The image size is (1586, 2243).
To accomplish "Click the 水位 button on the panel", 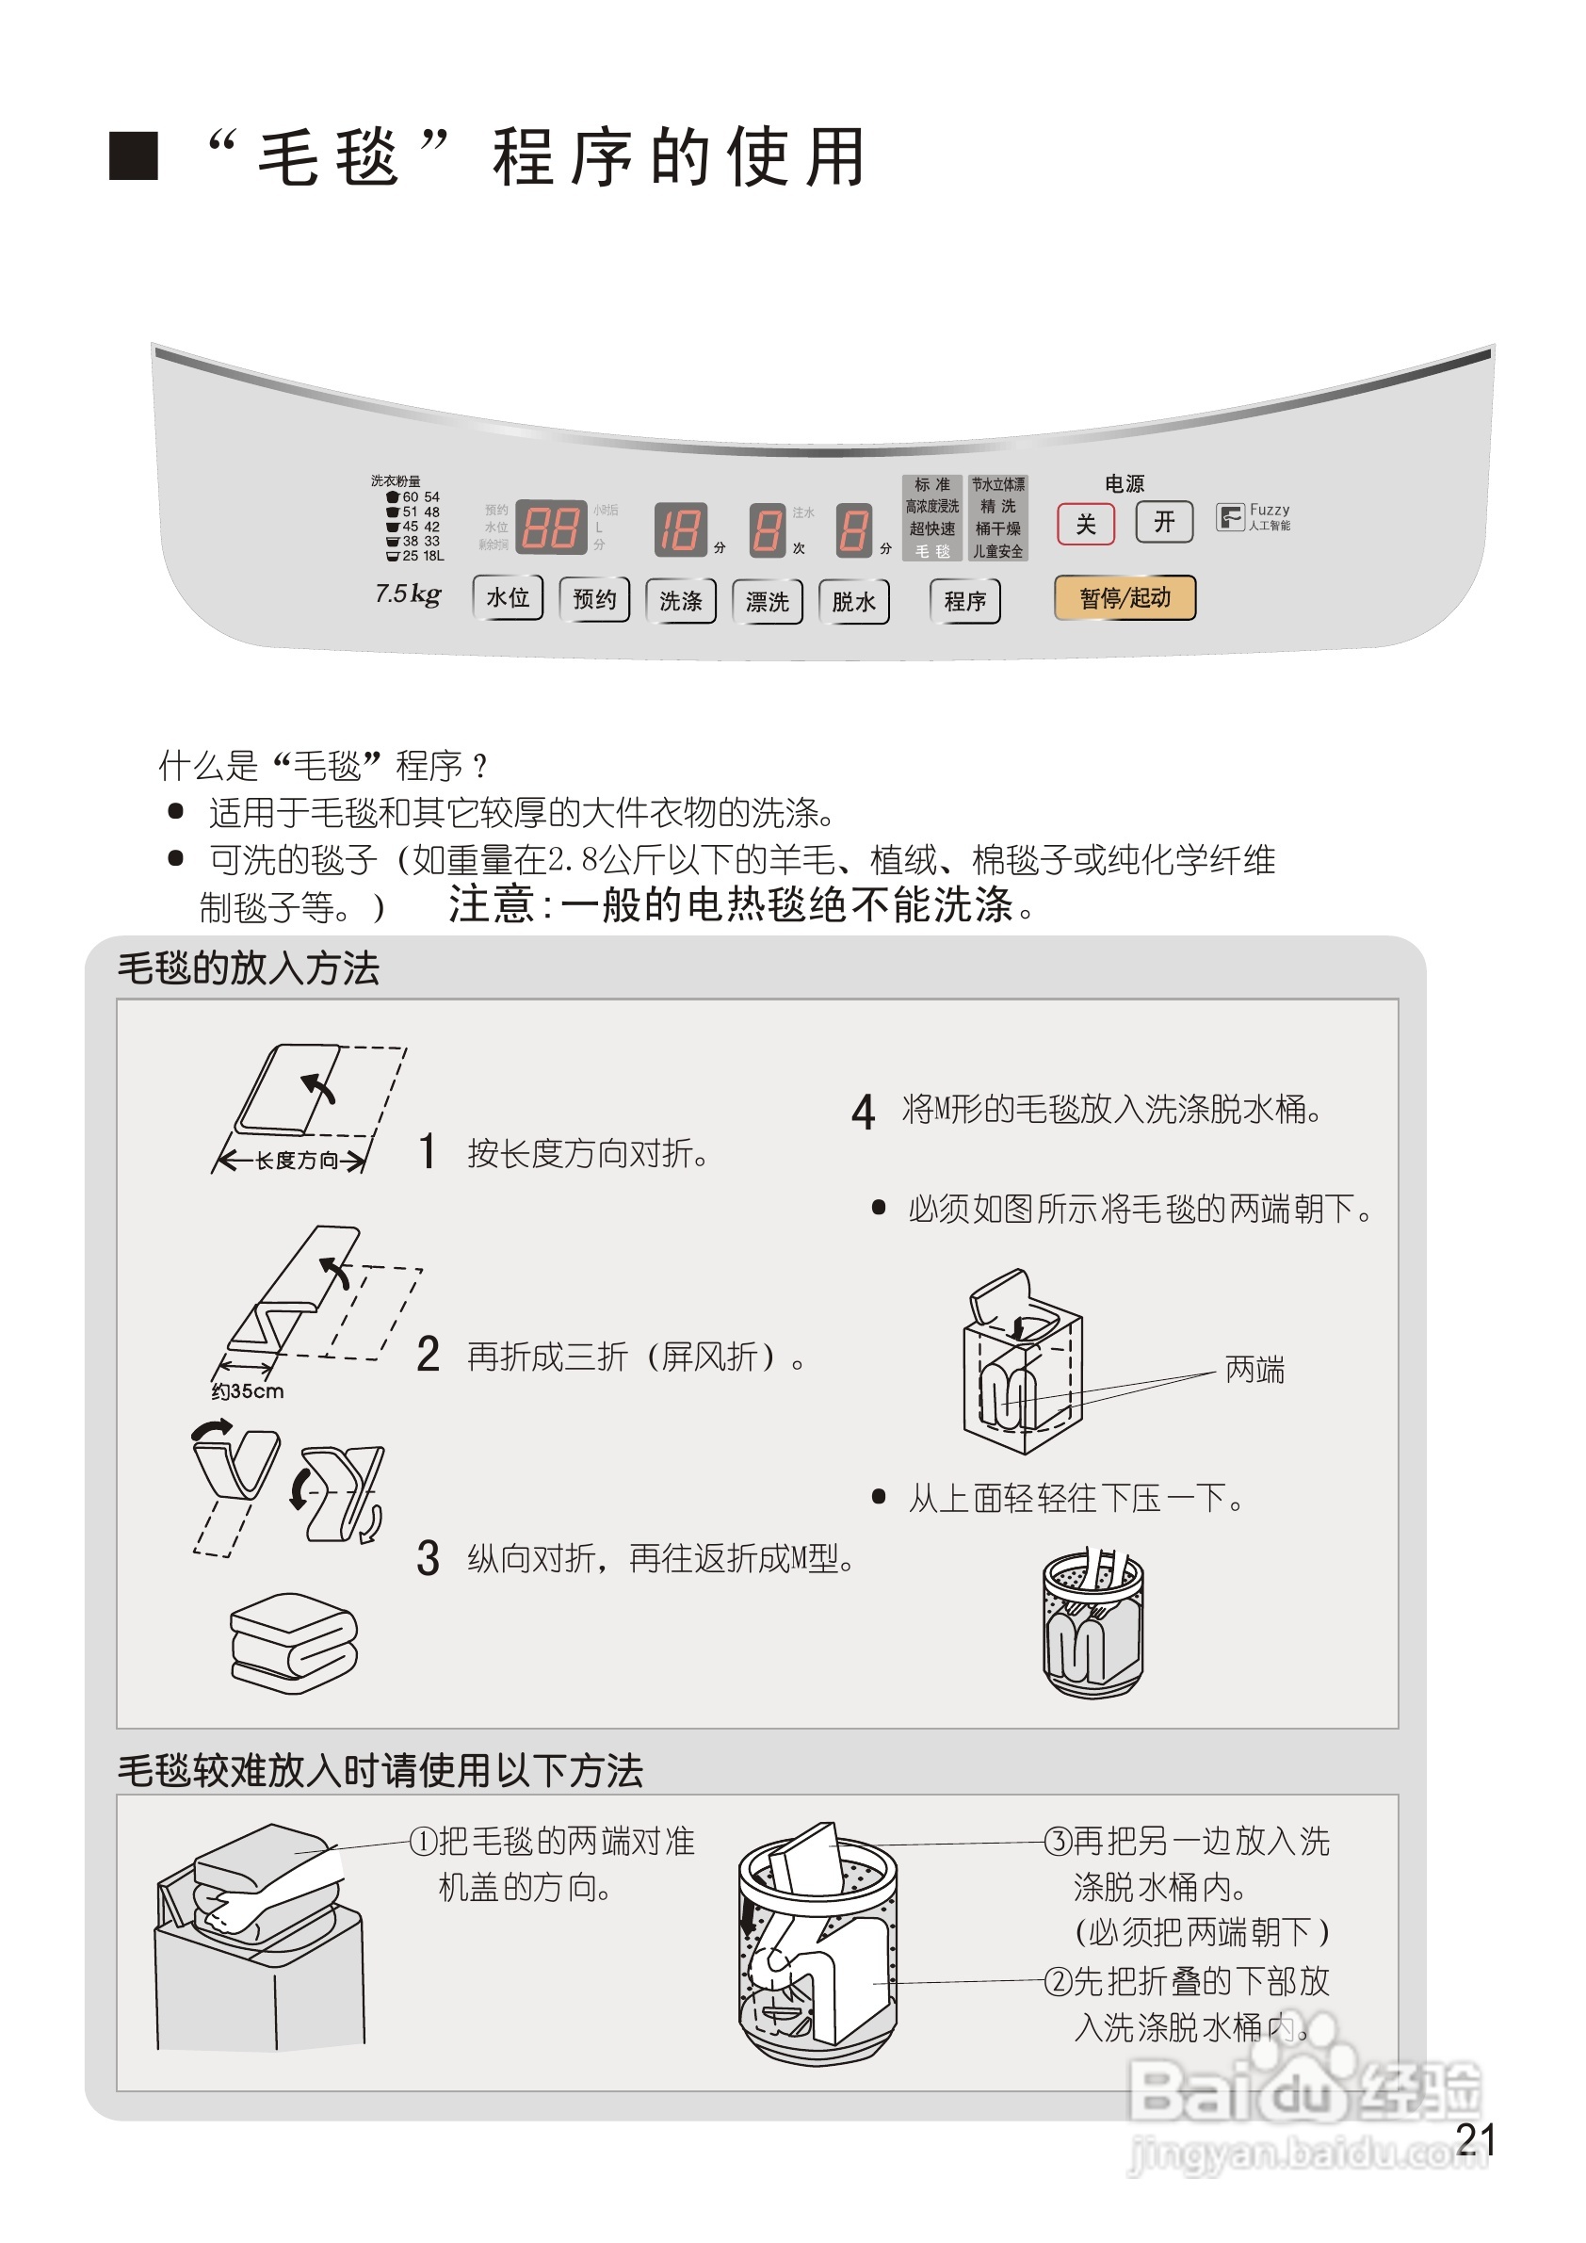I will (x=507, y=598).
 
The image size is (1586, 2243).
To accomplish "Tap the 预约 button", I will (x=593, y=599).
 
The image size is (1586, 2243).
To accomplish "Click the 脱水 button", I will (x=853, y=601).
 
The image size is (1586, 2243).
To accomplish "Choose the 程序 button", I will (x=965, y=601).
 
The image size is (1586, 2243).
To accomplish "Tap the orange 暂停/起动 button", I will (x=1125, y=598).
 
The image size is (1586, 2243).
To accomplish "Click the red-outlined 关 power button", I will (x=1085, y=525).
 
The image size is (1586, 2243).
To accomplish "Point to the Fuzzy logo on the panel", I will (x=1252, y=517).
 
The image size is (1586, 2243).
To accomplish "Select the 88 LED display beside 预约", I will (x=551, y=528).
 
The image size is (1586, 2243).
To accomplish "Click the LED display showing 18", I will (x=680, y=530).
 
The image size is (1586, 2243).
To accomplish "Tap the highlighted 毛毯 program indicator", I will (x=931, y=551).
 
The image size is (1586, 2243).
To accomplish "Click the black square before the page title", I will (x=133, y=155).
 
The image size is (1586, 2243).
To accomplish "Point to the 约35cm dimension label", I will (x=247, y=1391).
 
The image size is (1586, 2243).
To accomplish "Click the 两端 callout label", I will (x=1254, y=1370).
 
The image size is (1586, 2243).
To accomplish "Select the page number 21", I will (x=1475, y=2139).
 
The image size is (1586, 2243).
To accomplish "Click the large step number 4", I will (x=863, y=1112).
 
